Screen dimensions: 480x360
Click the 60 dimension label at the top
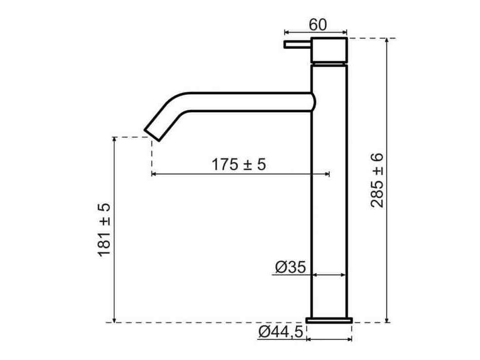point(318,25)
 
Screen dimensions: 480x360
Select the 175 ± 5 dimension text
point(239,165)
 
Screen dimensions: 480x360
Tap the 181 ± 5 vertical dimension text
point(104,229)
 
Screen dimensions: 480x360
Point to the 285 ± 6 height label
point(377,181)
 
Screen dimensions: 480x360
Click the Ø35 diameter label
point(290,267)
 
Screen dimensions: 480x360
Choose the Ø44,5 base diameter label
point(281,332)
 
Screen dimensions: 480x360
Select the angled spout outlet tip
point(152,135)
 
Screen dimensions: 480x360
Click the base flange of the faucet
point(329,320)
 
